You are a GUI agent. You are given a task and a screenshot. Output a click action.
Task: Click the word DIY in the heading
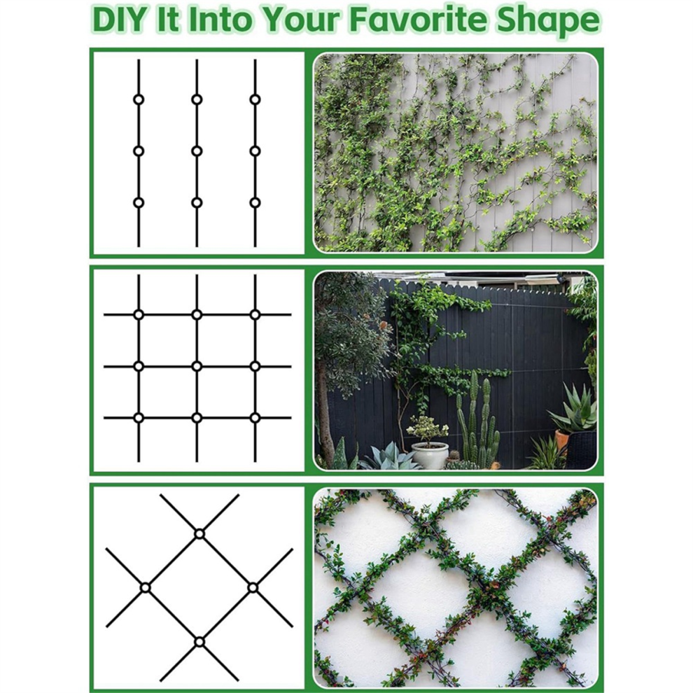[120, 20]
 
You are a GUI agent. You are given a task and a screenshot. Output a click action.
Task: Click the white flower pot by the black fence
[430, 454]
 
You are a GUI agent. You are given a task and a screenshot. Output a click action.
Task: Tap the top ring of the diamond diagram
[199, 534]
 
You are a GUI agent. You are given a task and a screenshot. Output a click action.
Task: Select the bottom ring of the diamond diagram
[199, 642]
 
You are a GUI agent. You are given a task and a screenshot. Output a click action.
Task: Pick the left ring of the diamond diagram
[146, 588]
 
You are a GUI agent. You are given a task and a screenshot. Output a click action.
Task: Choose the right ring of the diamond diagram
[253, 588]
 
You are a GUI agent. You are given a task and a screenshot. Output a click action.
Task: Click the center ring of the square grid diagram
[197, 366]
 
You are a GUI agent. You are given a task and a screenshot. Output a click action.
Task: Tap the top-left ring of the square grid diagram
[139, 315]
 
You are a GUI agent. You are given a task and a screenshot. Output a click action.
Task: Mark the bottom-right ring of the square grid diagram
[255, 418]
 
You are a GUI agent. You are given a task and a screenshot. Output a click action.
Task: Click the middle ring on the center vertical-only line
[197, 151]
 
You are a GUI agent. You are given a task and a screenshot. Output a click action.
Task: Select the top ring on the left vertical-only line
[139, 99]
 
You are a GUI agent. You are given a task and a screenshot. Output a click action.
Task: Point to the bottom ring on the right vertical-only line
[255, 202]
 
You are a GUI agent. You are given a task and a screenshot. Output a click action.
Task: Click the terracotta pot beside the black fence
[561, 440]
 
